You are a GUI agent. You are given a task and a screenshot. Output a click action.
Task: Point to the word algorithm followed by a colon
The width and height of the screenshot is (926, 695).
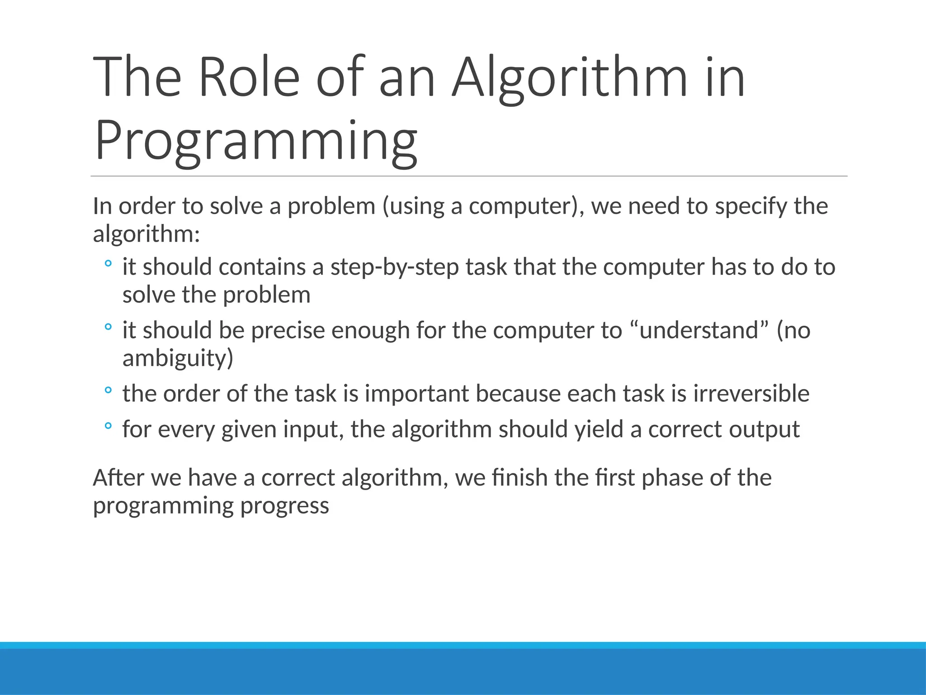(x=146, y=234)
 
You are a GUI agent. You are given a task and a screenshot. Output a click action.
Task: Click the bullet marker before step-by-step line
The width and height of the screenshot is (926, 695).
(x=108, y=264)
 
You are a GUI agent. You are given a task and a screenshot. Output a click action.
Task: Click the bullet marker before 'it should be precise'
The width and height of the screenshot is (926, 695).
(x=108, y=327)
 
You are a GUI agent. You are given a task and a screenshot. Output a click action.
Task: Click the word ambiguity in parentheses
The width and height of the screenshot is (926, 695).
(x=175, y=358)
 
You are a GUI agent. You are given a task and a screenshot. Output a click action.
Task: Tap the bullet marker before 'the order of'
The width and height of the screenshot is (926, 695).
(x=108, y=390)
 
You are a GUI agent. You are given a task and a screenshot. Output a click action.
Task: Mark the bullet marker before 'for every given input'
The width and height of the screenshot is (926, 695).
(x=108, y=426)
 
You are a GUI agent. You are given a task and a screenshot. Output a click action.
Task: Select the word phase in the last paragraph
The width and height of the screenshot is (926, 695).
(x=671, y=478)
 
